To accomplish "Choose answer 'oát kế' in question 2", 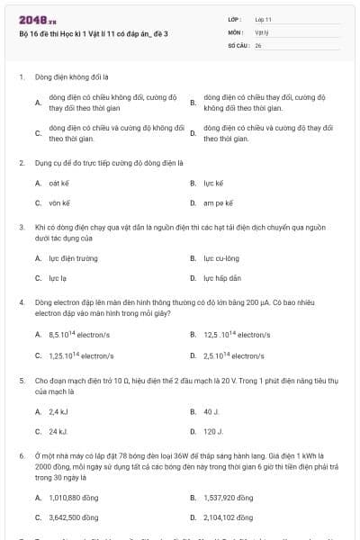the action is pos(59,184).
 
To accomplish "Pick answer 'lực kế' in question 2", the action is pos(212,184).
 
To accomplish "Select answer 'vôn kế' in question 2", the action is pos(59,203).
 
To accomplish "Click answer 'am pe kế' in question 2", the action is pos(218,203).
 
